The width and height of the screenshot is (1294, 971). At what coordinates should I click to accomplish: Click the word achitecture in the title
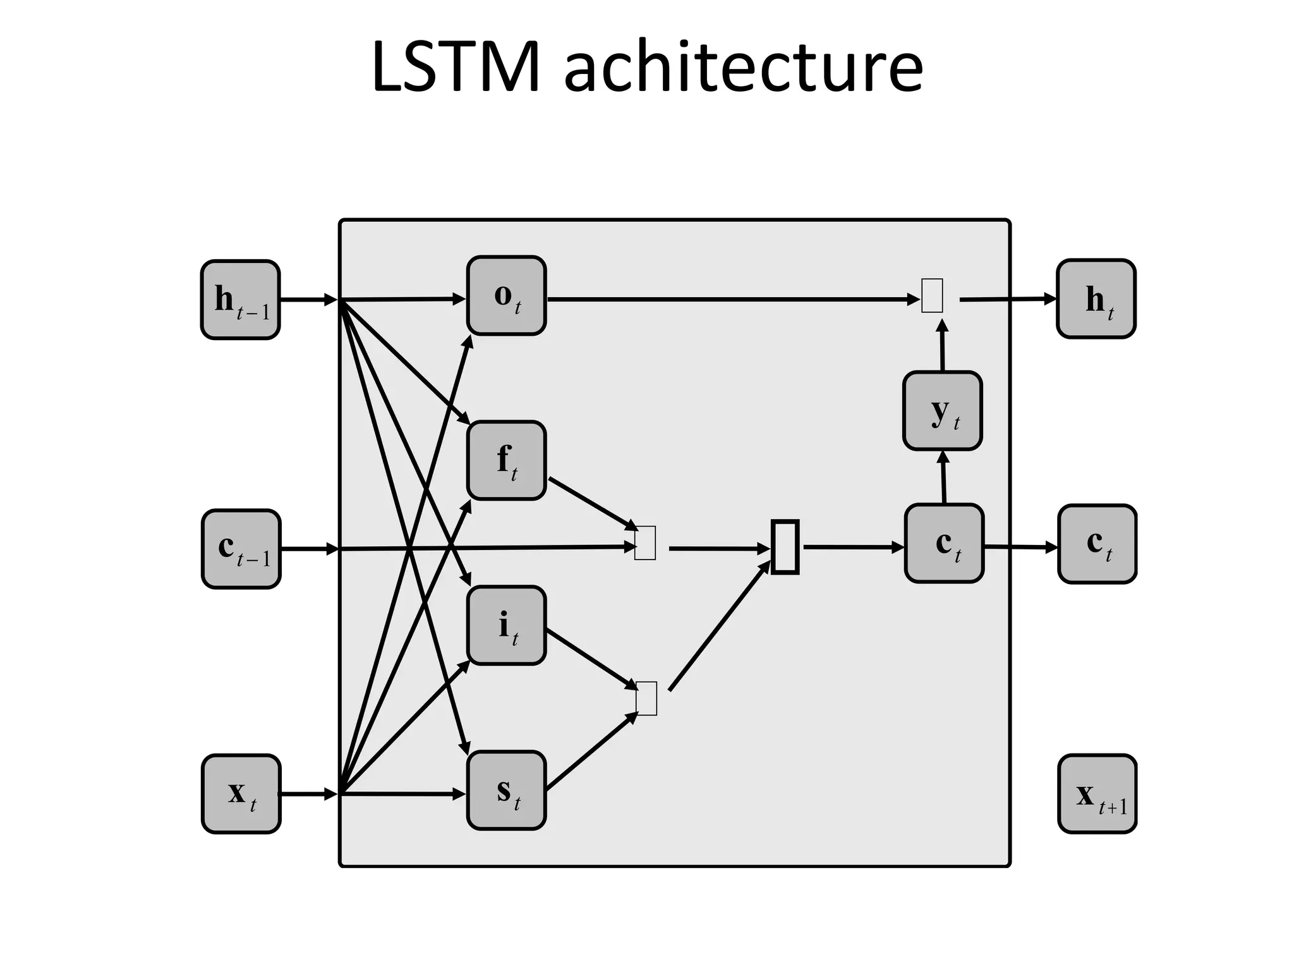point(743,67)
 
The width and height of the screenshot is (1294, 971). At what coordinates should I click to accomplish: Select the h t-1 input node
point(241,300)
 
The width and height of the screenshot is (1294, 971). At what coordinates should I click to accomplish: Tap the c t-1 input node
point(241,549)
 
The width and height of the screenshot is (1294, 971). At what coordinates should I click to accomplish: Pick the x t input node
point(241,793)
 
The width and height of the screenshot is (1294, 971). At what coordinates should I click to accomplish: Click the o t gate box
point(506,295)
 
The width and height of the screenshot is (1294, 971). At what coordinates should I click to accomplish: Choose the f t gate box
point(506,460)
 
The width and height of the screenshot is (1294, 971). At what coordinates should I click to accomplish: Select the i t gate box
point(506,625)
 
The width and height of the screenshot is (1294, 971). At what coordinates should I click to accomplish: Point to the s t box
point(506,790)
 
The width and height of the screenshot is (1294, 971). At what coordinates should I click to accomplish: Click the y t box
point(942,411)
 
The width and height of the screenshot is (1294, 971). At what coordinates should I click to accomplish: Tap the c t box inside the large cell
point(944,543)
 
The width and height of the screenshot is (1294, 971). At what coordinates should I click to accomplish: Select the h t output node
point(1096,299)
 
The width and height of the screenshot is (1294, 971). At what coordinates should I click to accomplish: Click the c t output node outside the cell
point(1097,544)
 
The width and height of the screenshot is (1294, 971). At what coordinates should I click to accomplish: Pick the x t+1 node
point(1097,793)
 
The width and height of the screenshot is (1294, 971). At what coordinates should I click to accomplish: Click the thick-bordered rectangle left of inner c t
point(785,547)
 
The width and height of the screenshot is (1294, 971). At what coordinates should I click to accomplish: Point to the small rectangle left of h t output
point(932,295)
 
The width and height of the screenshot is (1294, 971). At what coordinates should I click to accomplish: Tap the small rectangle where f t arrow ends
point(645,542)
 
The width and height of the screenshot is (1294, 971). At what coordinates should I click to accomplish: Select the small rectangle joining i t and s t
point(646,698)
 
